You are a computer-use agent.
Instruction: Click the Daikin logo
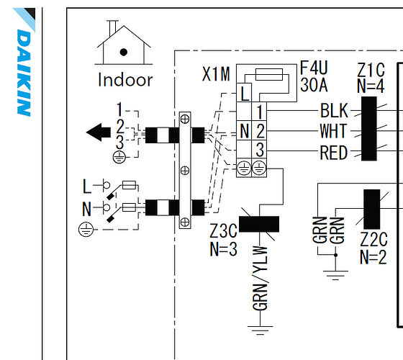[x=24, y=62]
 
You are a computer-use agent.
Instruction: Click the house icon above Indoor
[x=124, y=42]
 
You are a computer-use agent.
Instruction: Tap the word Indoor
[x=125, y=80]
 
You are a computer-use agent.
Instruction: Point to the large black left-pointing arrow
[x=99, y=132]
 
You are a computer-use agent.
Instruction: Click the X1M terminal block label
[x=216, y=74]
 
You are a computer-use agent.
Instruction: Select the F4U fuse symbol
[x=269, y=74]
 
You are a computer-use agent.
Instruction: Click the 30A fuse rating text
[x=314, y=85]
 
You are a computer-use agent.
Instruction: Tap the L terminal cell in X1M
[x=244, y=93]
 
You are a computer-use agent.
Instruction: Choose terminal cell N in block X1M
[x=244, y=130]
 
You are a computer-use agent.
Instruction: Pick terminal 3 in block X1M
[x=259, y=150]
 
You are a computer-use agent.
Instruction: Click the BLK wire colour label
[x=334, y=111]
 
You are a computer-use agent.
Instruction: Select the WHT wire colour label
[x=334, y=130]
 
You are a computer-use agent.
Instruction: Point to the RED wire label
[x=334, y=153]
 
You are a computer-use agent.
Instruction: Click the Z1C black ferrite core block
[x=369, y=129]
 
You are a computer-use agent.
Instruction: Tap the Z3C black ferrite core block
[x=259, y=224]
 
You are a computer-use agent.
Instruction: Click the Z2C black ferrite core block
[x=371, y=209]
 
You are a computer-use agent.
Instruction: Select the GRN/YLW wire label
[x=260, y=278]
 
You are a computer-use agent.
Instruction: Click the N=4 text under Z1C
[x=371, y=86]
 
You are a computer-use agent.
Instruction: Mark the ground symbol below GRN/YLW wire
[x=260, y=330]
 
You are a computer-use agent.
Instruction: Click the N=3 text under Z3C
[x=223, y=249]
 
